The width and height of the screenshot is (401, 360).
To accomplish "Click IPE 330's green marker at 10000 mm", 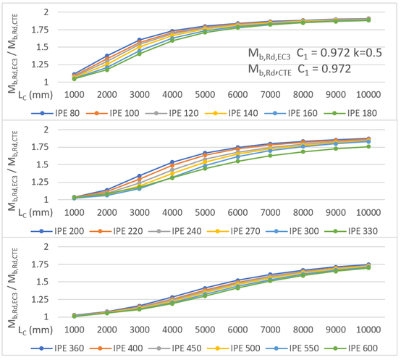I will tap(368, 146).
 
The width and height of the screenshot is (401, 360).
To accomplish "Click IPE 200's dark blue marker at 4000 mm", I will tap(171, 162).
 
